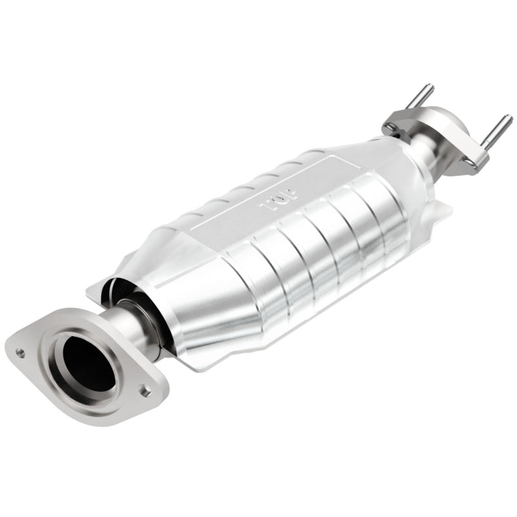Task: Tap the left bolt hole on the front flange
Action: (21, 353)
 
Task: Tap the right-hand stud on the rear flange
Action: (497, 129)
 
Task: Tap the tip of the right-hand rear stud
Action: (509, 118)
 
